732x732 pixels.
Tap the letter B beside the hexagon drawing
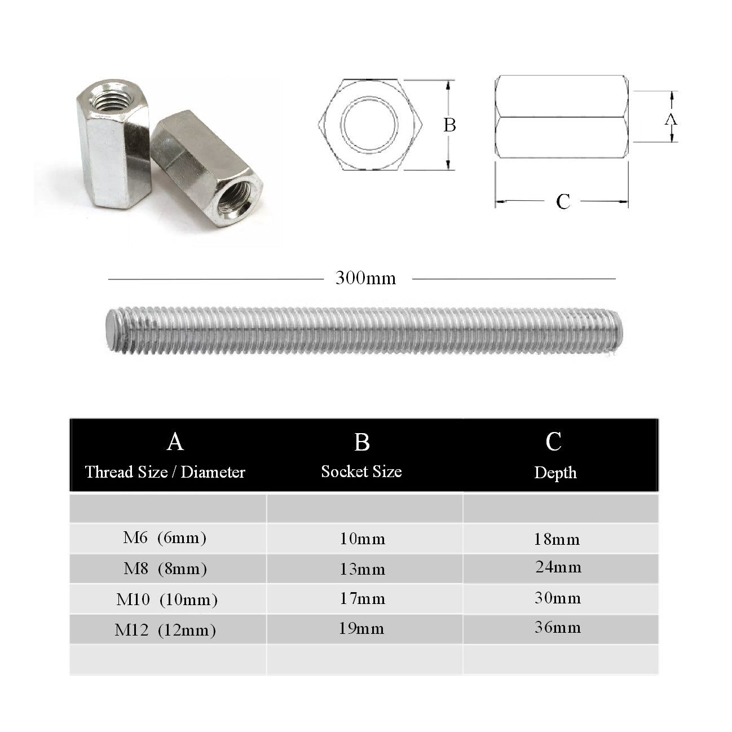(x=449, y=125)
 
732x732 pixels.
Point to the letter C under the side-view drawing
(x=563, y=201)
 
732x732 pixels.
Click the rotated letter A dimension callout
(x=671, y=119)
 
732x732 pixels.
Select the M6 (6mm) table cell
(x=165, y=538)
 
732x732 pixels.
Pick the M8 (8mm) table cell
(x=165, y=568)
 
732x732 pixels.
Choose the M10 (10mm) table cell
(x=166, y=599)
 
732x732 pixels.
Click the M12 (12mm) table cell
(x=165, y=629)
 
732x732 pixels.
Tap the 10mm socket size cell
(x=362, y=539)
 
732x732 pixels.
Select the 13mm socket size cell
(x=362, y=569)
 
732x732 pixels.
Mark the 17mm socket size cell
(x=362, y=599)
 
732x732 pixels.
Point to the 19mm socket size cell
(x=361, y=629)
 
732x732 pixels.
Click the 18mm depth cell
(x=557, y=540)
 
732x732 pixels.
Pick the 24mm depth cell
(x=558, y=567)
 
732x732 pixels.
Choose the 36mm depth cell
(x=558, y=627)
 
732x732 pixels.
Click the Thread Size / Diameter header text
(x=165, y=472)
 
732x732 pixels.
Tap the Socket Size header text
(x=361, y=471)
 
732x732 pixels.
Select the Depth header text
(x=555, y=473)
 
